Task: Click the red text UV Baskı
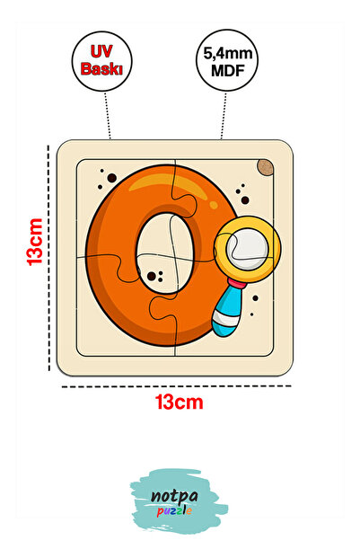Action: [101, 60]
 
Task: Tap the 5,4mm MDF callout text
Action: [227, 62]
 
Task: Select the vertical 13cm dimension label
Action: [35, 242]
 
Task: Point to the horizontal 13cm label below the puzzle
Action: [179, 402]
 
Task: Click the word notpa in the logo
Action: [174, 496]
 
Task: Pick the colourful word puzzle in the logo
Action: [174, 510]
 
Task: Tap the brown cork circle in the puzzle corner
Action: [266, 168]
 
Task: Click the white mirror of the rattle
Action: [247, 249]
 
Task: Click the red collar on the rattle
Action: [237, 284]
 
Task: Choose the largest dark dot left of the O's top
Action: [112, 178]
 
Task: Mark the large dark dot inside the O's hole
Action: [152, 276]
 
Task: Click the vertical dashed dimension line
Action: [48, 258]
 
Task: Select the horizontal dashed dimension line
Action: [177, 386]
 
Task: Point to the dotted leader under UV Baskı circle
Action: [108, 115]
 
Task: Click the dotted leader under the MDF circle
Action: [224, 115]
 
